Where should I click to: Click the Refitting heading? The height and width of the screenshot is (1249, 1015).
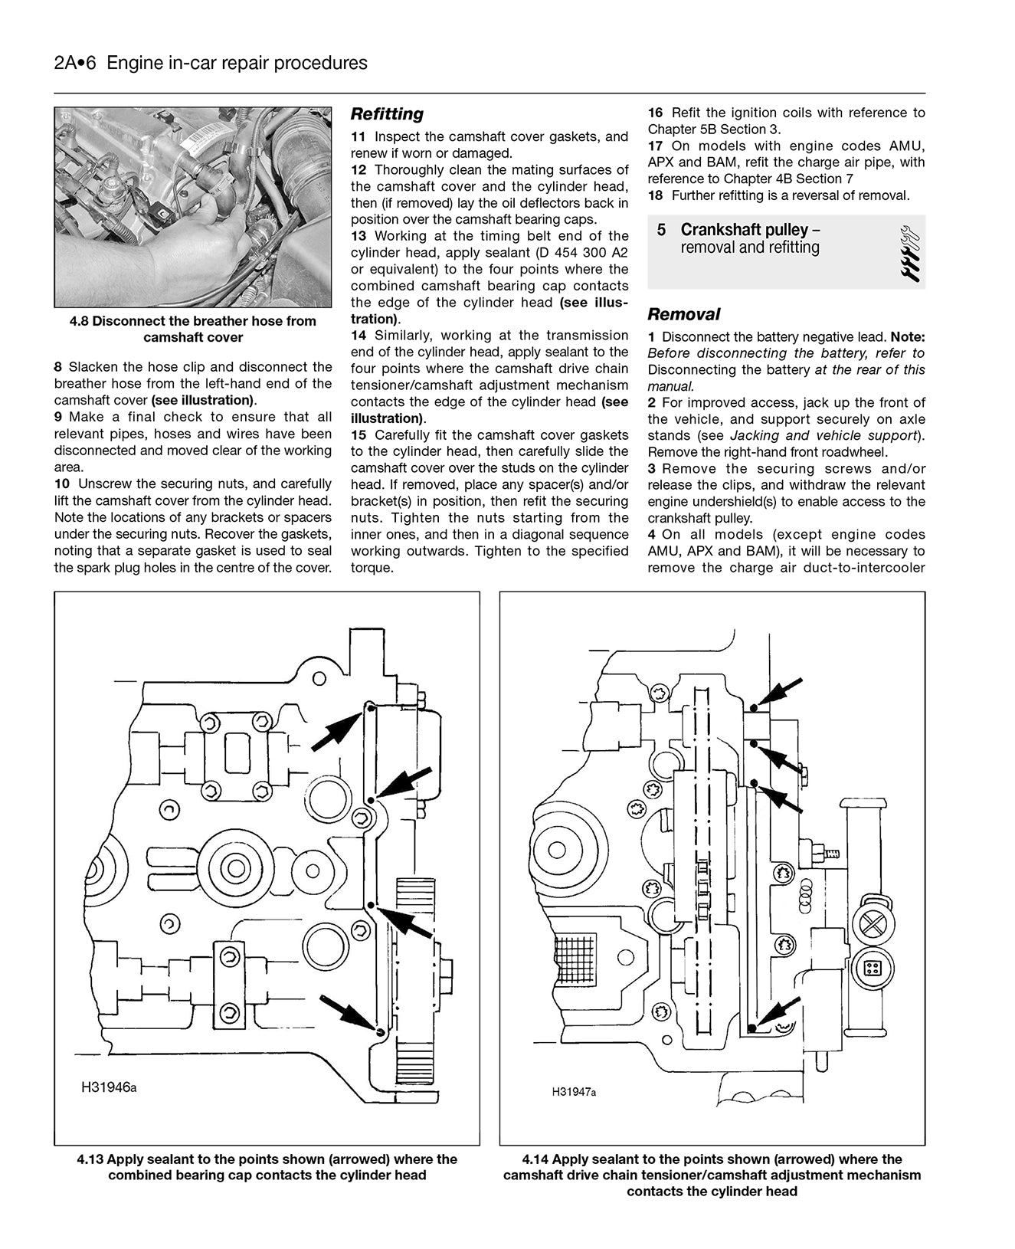[x=387, y=114]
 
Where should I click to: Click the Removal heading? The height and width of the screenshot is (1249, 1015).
[x=683, y=314]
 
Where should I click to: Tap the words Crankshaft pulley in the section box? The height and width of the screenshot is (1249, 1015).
[x=744, y=230]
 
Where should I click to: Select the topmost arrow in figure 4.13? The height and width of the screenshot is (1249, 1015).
[x=336, y=729]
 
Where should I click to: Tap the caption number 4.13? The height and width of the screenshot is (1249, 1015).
[x=90, y=1159]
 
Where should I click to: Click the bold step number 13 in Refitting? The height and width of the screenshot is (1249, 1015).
[x=359, y=236]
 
